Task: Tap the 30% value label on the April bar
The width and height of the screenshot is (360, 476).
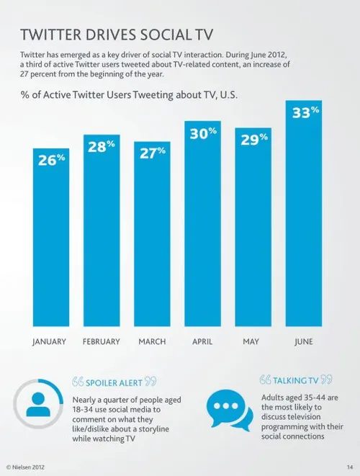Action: pyautogui.click(x=204, y=133)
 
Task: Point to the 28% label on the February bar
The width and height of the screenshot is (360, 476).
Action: pyautogui.click(x=102, y=146)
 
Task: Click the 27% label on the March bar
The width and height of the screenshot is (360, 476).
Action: pyautogui.click(x=153, y=152)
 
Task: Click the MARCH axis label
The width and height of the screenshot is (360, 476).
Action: pyautogui.click(x=153, y=341)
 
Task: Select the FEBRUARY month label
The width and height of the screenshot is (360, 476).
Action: pyautogui.click(x=102, y=341)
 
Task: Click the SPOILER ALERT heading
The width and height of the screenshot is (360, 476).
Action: pyautogui.click(x=115, y=381)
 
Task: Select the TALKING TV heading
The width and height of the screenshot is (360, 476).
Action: pyautogui.click(x=296, y=380)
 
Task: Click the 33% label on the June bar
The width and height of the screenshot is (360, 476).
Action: pyautogui.click(x=305, y=113)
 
